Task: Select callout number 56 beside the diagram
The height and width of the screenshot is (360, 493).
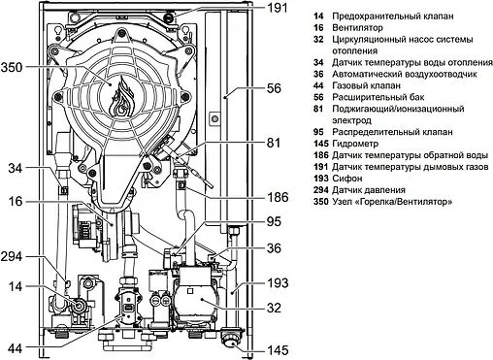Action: click(275, 88)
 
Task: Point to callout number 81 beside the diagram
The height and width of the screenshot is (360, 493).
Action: click(276, 143)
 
